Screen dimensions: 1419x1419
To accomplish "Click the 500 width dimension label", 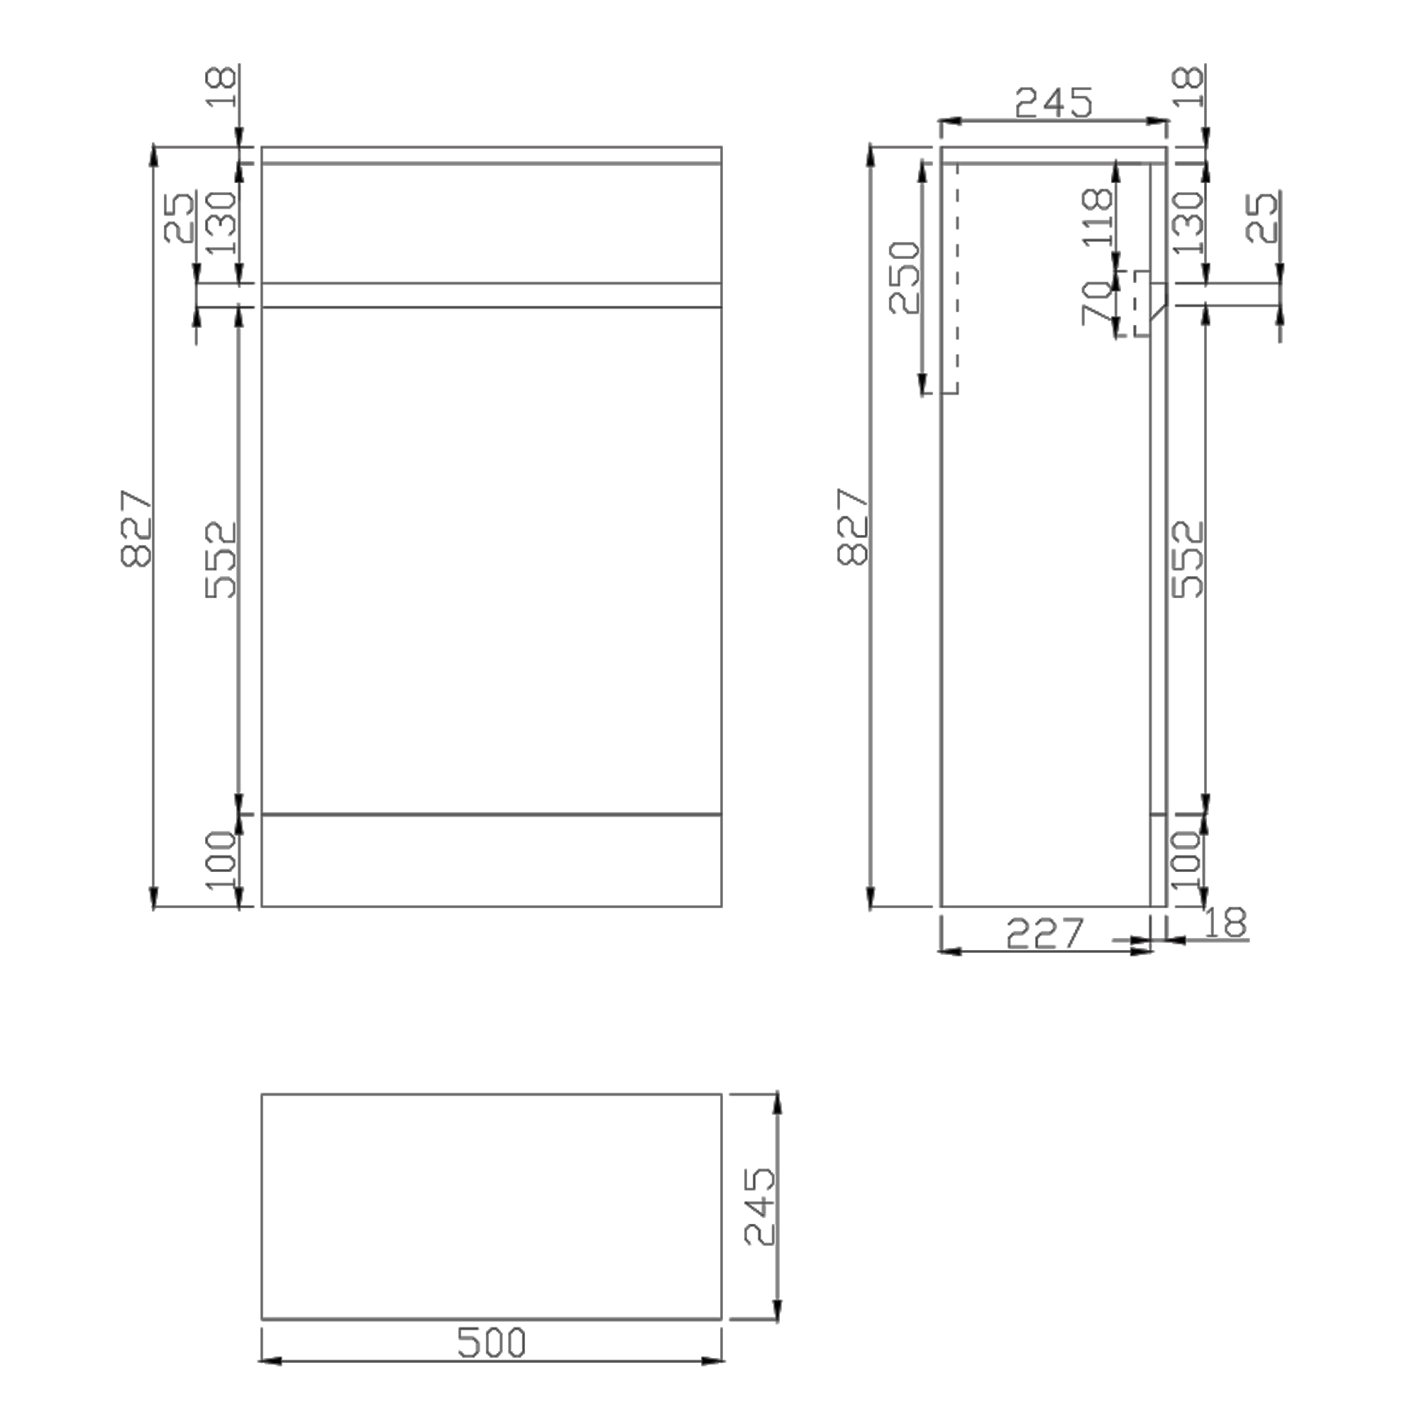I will point(492,1342).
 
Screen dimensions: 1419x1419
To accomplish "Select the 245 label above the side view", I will point(1053,102).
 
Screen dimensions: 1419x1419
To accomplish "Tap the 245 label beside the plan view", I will point(758,1206).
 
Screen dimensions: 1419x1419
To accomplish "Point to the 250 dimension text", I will point(904,277).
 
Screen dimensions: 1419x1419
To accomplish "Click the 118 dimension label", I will point(1098,217).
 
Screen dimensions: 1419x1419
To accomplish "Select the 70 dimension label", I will point(1098,303).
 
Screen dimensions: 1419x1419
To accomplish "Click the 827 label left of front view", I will point(136,528).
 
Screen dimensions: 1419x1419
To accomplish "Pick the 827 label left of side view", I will point(853,526).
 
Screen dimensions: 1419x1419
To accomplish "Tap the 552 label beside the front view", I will point(221,560).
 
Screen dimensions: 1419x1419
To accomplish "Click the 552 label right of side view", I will point(1188,559).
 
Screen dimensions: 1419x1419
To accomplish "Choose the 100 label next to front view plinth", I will point(221,860).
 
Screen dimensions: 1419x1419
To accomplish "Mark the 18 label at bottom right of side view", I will point(1225,923).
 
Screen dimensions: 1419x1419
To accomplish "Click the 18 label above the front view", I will point(221,87).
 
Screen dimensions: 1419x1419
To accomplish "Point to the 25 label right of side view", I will point(1263,217).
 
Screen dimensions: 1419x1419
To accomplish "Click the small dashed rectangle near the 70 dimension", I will point(1142,304).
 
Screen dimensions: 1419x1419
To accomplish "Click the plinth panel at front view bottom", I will point(492,860).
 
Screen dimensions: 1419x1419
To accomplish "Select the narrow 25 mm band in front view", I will point(492,295).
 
